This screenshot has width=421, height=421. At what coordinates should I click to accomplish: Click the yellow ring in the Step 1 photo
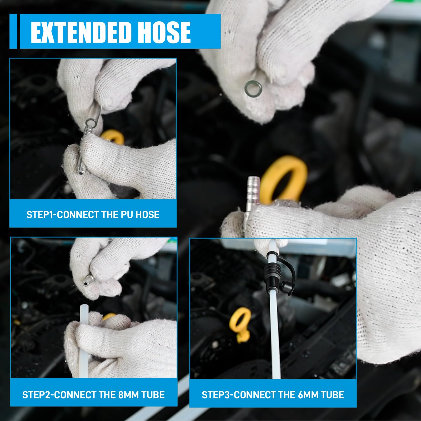[113, 137]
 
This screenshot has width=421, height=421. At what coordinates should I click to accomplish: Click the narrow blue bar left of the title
[13, 31]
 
